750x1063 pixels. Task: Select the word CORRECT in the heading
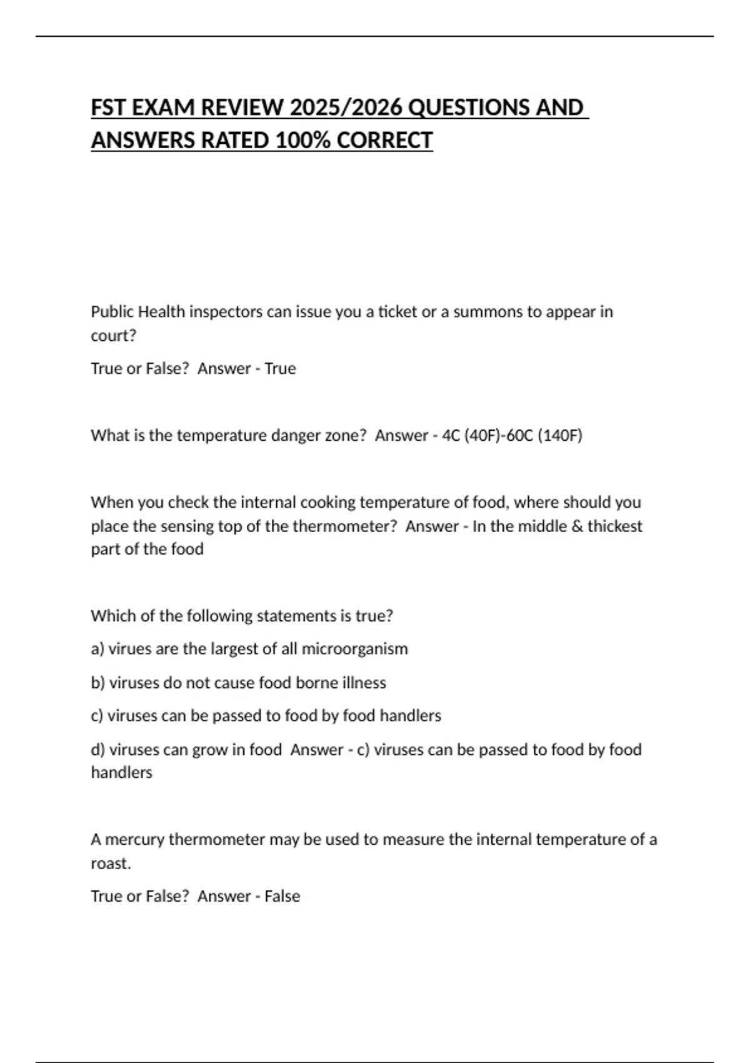[x=384, y=141]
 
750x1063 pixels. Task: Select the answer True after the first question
[x=280, y=368]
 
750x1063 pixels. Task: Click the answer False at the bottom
[x=282, y=896]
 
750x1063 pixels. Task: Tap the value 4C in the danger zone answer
[x=451, y=435]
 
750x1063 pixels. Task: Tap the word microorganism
[x=354, y=649]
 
